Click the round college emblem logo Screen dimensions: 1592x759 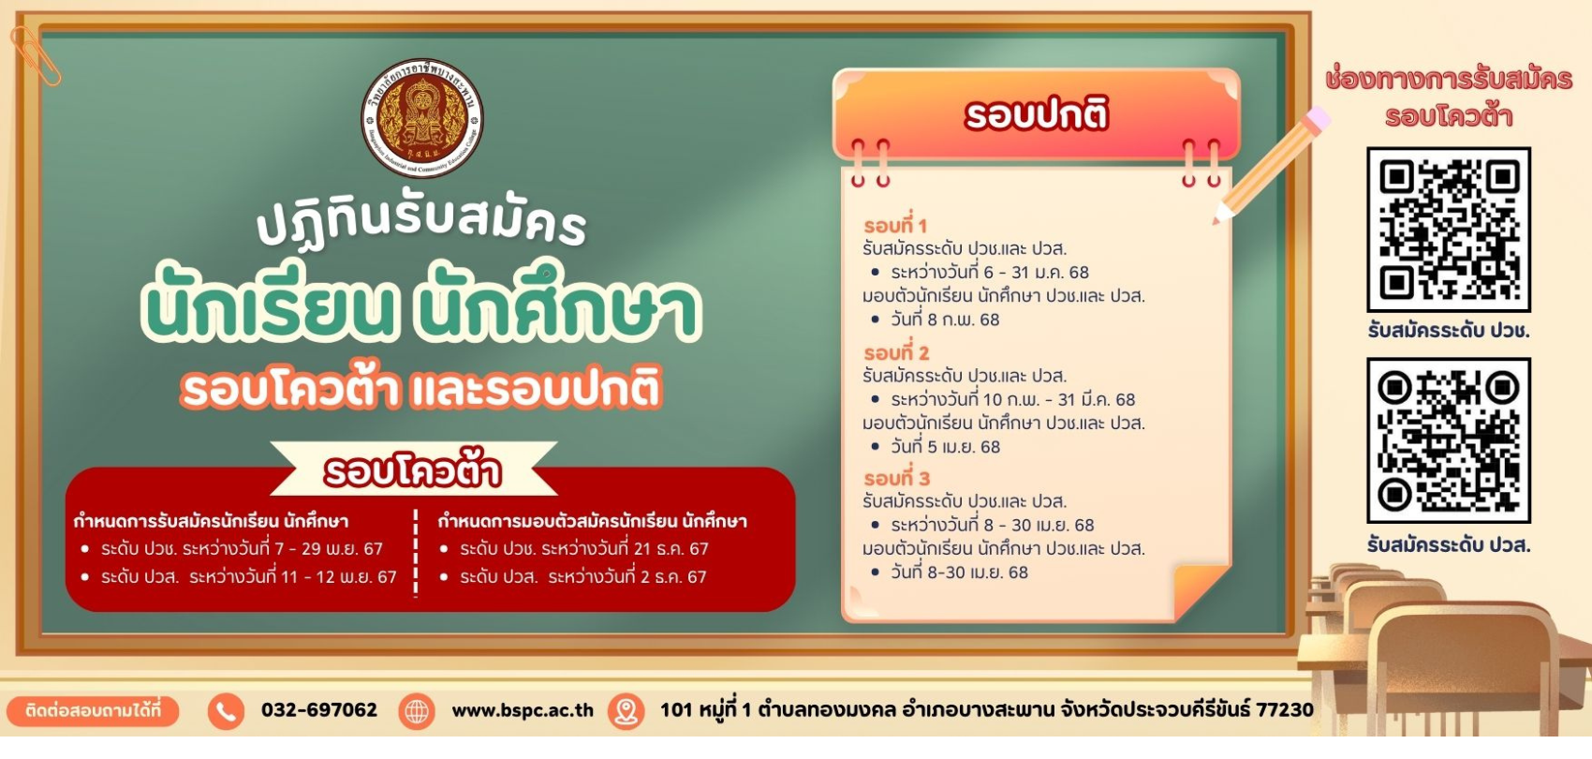point(422,118)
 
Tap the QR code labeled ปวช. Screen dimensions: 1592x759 point(1449,230)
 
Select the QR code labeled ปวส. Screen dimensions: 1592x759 point(1449,440)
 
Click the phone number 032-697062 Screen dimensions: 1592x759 point(319,710)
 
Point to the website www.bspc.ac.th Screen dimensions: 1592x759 point(523,710)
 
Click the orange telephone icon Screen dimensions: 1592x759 point(226,710)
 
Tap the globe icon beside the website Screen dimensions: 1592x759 point(417,710)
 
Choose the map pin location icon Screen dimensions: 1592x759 point(626,710)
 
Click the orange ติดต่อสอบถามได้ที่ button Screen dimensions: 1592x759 point(93,710)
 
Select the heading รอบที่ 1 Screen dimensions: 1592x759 point(895,226)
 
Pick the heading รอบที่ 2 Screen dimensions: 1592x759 point(896,352)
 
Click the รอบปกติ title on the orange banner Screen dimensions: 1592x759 point(1037,113)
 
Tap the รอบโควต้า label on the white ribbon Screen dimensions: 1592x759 point(413,470)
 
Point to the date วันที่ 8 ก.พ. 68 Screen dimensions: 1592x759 point(945,320)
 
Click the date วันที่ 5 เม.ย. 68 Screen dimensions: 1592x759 point(946,447)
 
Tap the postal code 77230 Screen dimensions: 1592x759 point(1285,710)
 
